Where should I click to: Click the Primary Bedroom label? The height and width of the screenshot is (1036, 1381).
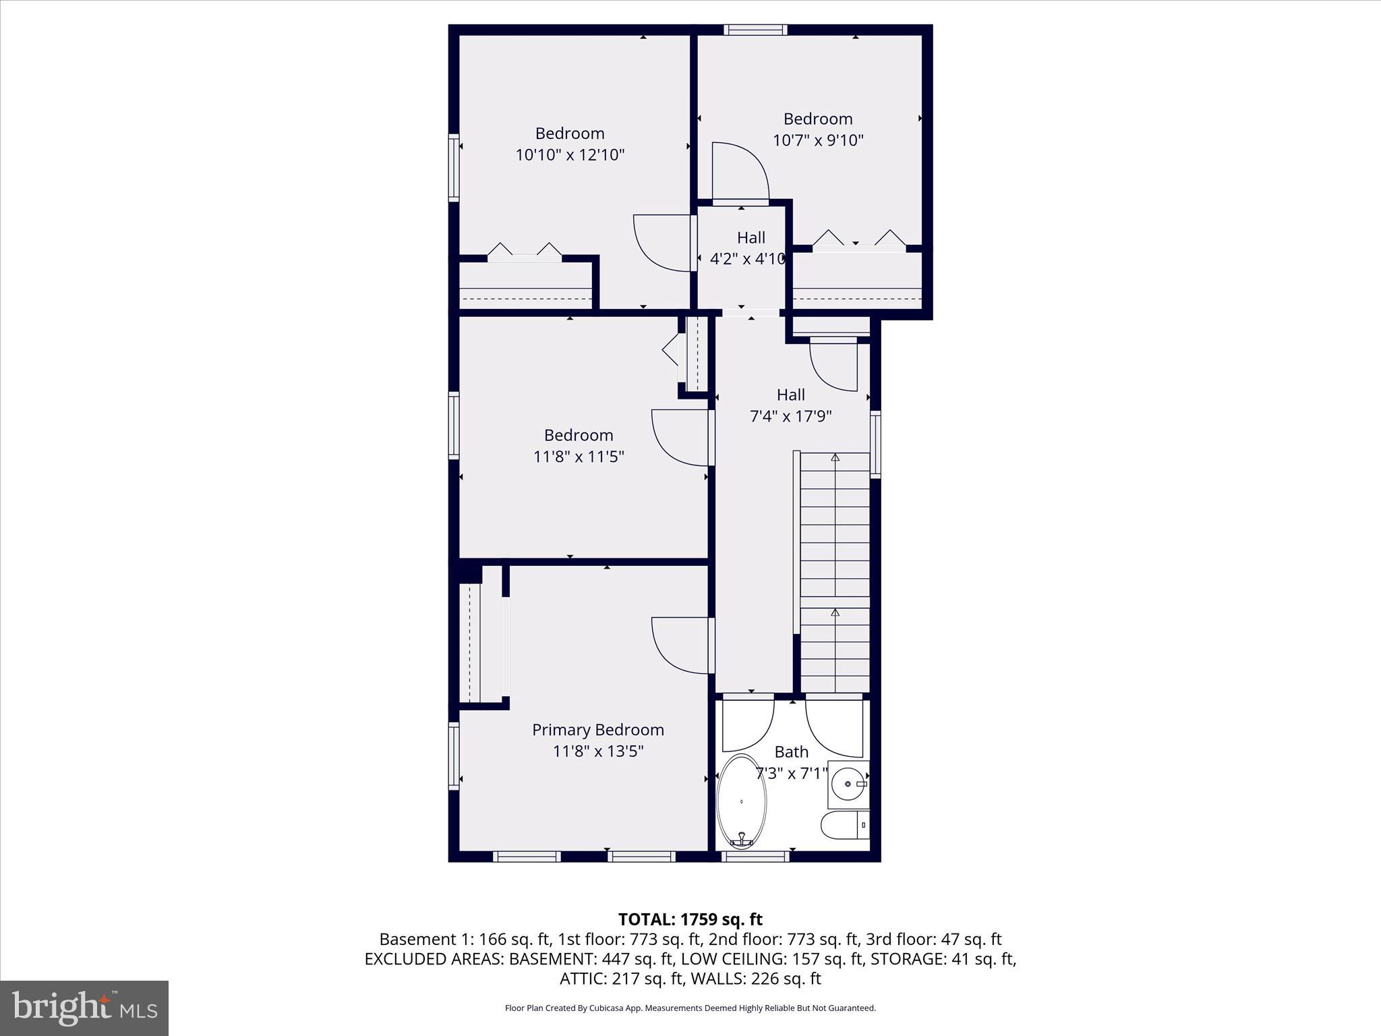click(597, 730)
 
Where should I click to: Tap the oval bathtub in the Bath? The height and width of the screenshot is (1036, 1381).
click(741, 801)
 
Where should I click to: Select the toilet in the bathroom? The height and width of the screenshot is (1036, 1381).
click(843, 825)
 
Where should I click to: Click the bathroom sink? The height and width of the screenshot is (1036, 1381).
click(848, 784)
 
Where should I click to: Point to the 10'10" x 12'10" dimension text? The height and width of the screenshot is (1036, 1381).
click(570, 155)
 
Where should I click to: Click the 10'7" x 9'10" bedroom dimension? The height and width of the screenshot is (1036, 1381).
click(817, 140)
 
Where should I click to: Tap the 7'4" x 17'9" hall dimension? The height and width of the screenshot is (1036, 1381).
click(790, 416)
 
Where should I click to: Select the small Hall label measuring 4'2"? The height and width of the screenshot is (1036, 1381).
click(751, 238)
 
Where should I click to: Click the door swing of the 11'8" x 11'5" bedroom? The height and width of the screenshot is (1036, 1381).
click(678, 437)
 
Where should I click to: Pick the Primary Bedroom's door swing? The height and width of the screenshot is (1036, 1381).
click(678, 645)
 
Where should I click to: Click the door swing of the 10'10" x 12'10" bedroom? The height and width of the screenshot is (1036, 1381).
click(661, 243)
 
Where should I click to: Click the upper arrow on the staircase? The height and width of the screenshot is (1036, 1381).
click(835, 458)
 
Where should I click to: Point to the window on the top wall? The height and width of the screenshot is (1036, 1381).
click(755, 30)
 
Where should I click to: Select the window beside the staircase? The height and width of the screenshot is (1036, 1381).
click(875, 444)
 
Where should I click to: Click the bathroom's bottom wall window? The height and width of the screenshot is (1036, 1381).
click(755, 856)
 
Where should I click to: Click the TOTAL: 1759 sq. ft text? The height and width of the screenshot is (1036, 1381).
click(690, 919)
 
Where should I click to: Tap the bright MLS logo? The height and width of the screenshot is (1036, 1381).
click(84, 1008)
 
